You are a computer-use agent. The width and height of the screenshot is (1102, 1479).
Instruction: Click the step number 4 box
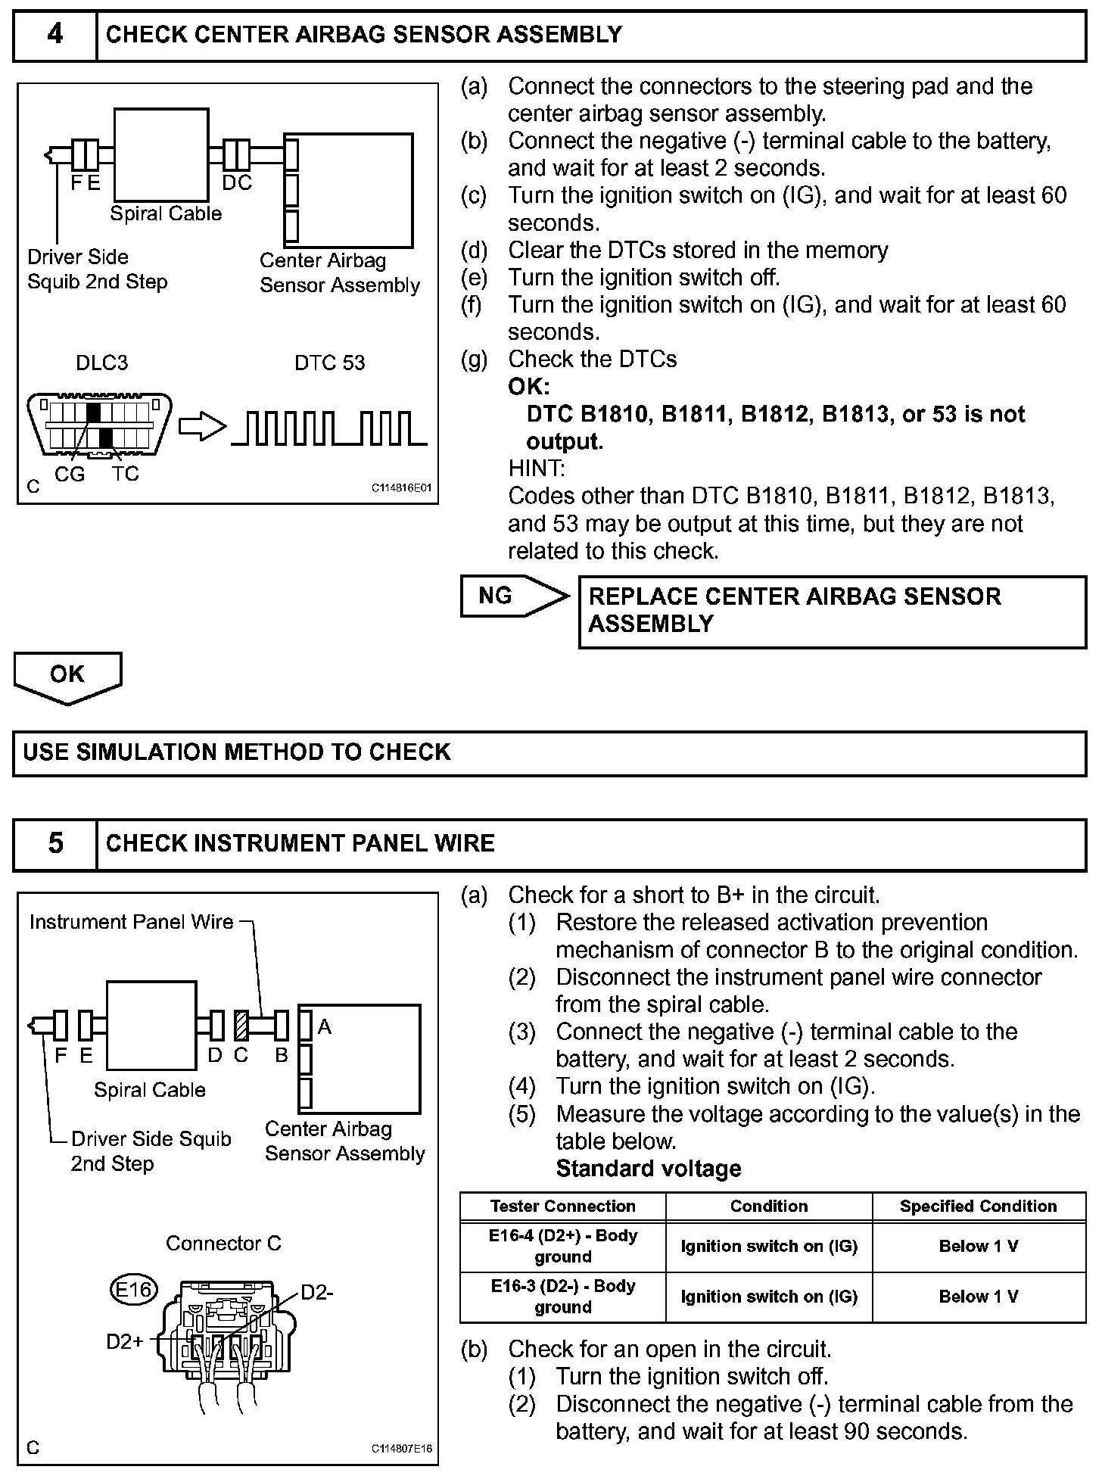pos(55,35)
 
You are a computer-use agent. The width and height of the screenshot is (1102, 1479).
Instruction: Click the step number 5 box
pos(55,843)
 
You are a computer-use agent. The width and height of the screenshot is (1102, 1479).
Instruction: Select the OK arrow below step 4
pos(67,675)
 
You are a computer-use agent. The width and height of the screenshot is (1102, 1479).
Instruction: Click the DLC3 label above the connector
pos(102,363)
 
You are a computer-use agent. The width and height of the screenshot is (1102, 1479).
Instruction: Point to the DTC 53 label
pos(329,363)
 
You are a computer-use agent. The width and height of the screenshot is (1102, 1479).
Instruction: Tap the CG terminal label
pos(70,474)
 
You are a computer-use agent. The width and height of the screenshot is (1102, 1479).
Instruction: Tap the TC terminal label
pos(126,474)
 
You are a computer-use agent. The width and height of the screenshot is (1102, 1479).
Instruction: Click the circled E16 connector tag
pos(133,1288)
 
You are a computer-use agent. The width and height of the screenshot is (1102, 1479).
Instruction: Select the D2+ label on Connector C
pos(125,1342)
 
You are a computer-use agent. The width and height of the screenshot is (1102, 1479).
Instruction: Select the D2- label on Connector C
pos(317,1292)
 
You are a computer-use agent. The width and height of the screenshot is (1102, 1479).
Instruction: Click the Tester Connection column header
pos(562,1206)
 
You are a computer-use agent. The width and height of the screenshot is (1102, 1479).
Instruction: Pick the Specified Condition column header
pos(978,1206)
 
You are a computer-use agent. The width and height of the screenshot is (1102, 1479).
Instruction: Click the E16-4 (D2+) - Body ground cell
pos(562,1246)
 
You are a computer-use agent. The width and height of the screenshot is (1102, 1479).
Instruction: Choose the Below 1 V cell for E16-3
pos(978,1297)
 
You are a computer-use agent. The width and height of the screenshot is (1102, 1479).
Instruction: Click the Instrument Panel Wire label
pos(131,922)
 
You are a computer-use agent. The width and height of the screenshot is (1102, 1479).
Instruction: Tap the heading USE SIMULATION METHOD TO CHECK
pos(237,752)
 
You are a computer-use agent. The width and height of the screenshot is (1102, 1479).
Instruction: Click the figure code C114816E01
pos(401,488)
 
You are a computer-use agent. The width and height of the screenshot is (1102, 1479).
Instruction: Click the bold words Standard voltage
pos(649,1169)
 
